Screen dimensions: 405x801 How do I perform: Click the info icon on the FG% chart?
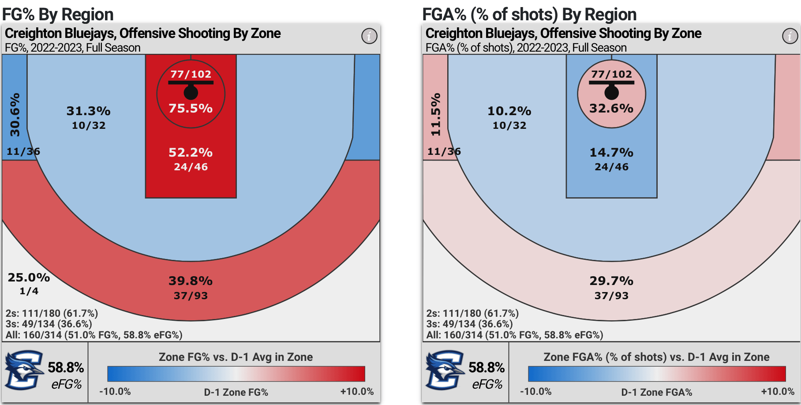point(369,36)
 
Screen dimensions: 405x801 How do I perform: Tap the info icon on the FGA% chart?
point(790,36)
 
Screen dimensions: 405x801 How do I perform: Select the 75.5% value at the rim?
point(191,108)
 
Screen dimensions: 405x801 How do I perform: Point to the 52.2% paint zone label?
point(191,153)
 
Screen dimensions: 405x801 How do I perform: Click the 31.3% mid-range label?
point(88,111)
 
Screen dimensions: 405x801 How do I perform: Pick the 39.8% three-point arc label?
point(191,281)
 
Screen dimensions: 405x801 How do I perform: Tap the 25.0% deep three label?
point(29,277)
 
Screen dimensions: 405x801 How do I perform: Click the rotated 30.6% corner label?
point(15,115)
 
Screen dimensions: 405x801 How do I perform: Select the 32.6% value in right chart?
point(611,108)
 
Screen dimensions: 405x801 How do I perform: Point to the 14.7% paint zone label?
point(611,153)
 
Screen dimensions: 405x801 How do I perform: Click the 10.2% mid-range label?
point(509,111)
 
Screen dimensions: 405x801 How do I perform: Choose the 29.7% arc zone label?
point(611,281)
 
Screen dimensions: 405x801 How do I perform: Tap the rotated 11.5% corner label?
point(436,115)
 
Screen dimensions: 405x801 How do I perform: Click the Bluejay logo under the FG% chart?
point(24,370)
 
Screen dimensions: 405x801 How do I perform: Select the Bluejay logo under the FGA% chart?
point(445,370)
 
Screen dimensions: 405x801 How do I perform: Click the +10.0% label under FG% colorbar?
point(357,391)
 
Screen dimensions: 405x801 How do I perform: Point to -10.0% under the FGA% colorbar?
point(535,391)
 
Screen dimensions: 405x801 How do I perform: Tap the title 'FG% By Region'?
point(58,15)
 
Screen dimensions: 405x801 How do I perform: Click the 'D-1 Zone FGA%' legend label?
point(656,392)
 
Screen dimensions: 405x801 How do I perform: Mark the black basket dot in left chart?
point(191,93)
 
